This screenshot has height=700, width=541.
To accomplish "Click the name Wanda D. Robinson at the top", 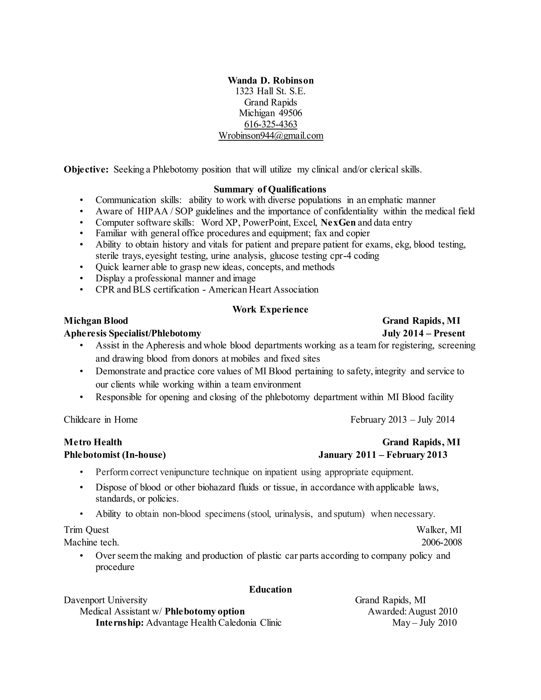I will [x=270, y=81].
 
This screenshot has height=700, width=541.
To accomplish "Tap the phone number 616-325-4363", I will [x=270, y=124].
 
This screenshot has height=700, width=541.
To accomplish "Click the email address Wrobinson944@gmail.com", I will [x=270, y=136].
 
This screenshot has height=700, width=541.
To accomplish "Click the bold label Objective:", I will [x=86, y=169].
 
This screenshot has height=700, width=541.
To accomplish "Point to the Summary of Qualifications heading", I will [x=270, y=189].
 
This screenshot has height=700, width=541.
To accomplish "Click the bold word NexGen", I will [x=338, y=222].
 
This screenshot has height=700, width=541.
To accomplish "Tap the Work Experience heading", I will [x=270, y=309].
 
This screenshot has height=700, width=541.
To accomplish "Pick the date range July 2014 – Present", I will [x=423, y=333].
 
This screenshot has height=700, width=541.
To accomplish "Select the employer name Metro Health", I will [x=93, y=442].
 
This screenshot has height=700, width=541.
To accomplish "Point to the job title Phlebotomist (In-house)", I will [x=115, y=455].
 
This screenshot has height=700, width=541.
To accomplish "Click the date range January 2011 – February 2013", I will [x=383, y=455].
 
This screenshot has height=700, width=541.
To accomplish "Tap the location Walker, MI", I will [x=439, y=530].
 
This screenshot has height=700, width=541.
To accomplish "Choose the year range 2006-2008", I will [x=441, y=542].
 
